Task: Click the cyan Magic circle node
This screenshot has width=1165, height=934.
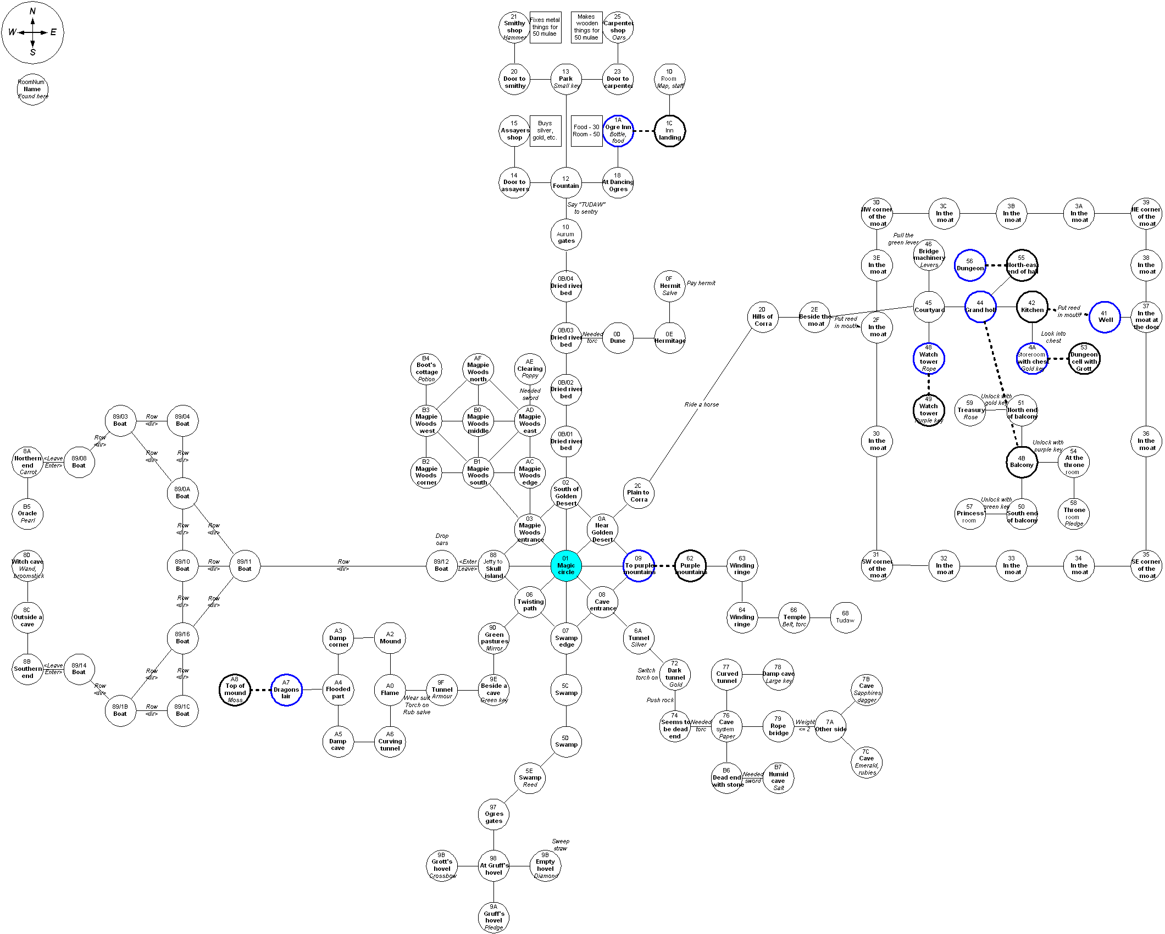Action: pos(565,565)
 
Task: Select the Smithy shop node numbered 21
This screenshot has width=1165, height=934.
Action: pos(514,27)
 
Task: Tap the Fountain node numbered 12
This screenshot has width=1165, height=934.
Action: pos(565,182)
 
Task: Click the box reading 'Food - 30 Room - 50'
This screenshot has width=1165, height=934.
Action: pos(586,131)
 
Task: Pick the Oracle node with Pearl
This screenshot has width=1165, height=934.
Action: pos(27,514)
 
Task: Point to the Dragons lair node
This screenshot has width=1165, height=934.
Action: pos(286,690)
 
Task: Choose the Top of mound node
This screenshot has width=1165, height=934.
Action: pos(235,690)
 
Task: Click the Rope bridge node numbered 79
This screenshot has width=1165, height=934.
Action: pos(778,726)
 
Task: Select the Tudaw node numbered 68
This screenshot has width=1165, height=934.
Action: pos(845,618)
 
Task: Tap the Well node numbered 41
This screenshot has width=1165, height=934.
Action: pos(1105,317)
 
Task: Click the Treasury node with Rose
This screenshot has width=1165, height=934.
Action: pos(970,410)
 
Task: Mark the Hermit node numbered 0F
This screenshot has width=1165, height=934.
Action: pos(669,286)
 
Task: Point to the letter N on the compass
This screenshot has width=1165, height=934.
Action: pos(32,11)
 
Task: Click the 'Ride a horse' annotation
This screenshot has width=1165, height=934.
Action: pos(701,404)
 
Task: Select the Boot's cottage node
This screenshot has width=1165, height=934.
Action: pos(426,369)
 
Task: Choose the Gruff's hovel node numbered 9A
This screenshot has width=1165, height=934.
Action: pos(493,917)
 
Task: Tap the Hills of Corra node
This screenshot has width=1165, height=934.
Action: pos(762,316)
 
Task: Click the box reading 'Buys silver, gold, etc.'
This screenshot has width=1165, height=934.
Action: pos(545,131)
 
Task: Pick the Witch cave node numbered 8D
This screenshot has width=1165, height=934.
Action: pos(27,565)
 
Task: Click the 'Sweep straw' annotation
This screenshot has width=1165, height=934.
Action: pos(561,844)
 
